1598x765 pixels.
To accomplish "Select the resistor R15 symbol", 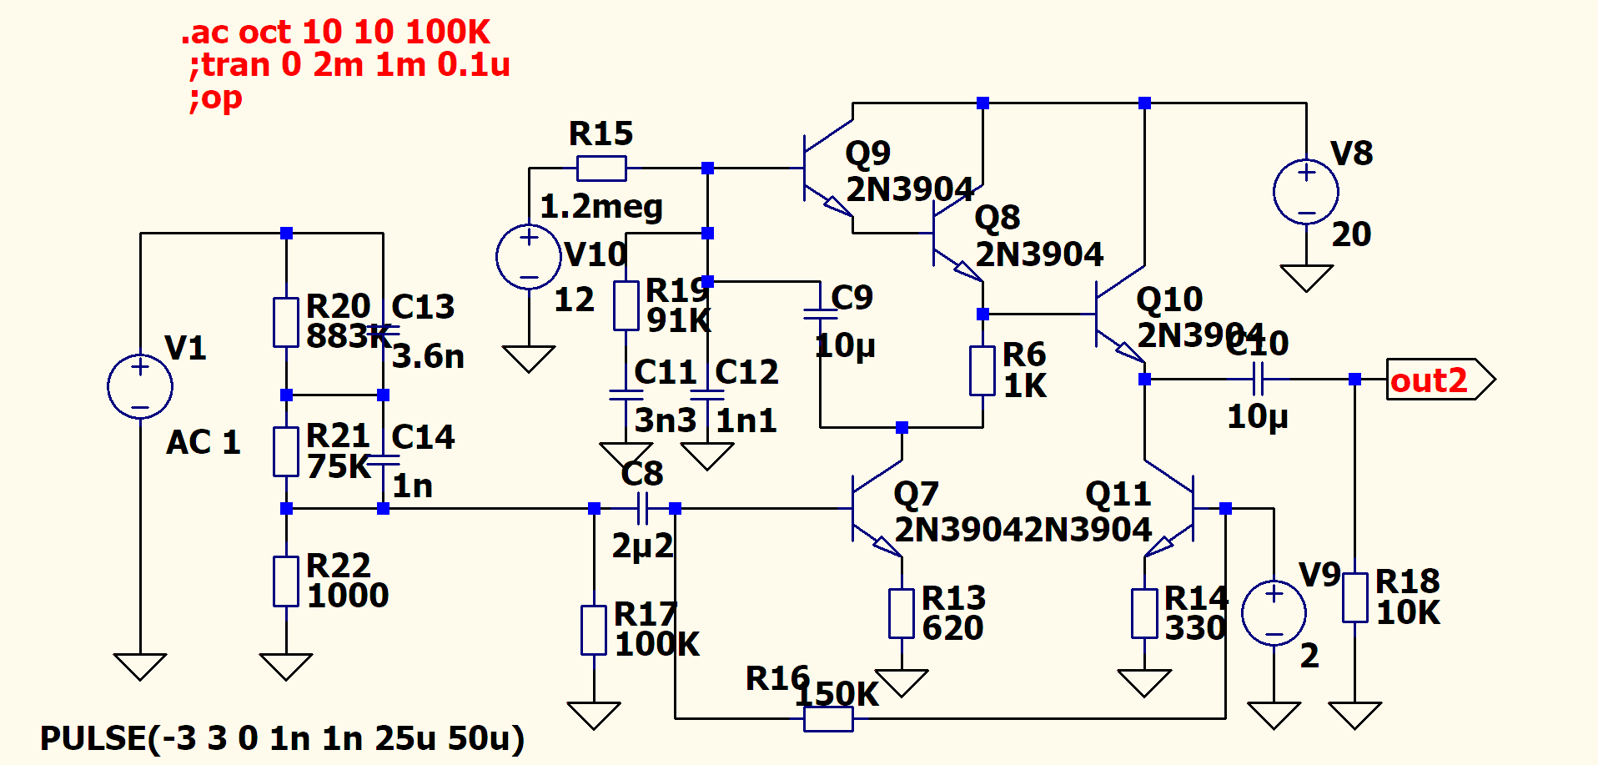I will coord(601,169).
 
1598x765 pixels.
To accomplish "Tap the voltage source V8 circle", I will coord(1306,192).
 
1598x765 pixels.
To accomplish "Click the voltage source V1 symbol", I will coord(140,387).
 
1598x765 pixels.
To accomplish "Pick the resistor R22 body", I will coord(286,581).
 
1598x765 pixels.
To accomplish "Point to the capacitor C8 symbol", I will coord(642,508).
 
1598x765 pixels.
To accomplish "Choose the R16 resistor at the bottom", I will coord(828,718).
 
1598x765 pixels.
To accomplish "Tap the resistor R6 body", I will coord(982,370).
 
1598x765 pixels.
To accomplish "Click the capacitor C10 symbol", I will coord(1259,380).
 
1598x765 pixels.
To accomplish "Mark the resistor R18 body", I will coord(1354,597).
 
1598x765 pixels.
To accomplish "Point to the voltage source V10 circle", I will coord(529,257).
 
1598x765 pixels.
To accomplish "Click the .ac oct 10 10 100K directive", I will coord(336,33).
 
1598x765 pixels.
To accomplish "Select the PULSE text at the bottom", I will coord(282,738).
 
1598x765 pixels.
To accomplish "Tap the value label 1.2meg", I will coord(601,207).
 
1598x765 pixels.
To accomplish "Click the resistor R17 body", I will coord(594,630).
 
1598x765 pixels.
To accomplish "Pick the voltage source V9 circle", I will coord(1274,613).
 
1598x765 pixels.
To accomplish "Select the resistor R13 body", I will coord(902,613).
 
